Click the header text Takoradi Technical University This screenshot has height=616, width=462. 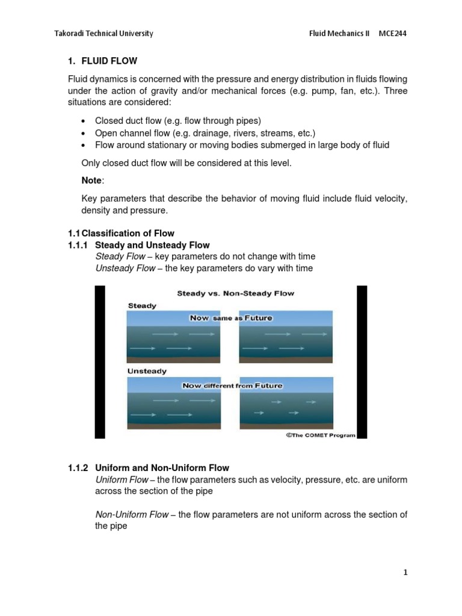click(x=103, y=33)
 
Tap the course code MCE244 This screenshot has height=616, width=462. click(x=392, y=33)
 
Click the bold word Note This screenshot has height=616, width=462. click(x=92, y=180)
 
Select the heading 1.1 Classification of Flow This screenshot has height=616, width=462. click(x=120, y=233)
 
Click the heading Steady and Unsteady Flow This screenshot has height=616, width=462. click(x=152, y=245)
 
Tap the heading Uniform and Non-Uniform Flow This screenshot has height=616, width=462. click(x=162, y=467)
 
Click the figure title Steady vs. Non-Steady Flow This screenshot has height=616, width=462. click(x=235, y=293)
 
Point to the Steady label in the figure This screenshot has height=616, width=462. click(x=142, y=306)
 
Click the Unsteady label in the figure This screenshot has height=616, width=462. click(x=147, y=371)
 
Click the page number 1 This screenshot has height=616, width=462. click(x=405, y=572)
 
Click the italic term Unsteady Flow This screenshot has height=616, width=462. click(x=125, y=268)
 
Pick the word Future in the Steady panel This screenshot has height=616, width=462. click(x=257, y=318)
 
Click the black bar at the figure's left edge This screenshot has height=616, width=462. click(x=100, y=362)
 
